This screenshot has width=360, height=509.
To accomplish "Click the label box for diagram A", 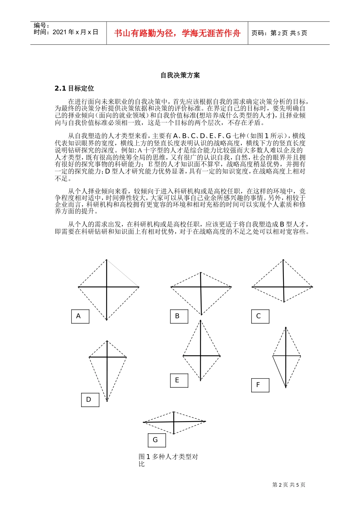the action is point(80,316).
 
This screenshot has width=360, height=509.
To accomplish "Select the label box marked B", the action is point(179,316).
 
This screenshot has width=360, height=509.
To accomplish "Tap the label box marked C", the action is point(260,316).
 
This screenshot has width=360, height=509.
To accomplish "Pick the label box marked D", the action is point(90,400).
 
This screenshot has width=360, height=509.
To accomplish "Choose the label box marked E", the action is point(179,380).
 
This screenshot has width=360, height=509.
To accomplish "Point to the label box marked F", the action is point(260,385).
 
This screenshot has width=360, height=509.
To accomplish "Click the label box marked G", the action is point(157,440).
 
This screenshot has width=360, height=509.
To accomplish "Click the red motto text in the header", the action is point(177,33).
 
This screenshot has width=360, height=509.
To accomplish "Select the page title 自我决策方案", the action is point(180,75).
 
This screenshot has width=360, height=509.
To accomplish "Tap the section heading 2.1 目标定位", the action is point(74,89).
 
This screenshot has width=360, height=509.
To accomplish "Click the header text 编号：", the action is point(42,26).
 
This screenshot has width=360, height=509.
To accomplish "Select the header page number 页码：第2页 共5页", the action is point(279,33).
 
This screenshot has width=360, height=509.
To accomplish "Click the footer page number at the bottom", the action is point(289,485).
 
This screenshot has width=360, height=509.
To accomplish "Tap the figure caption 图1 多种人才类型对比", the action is point(168,460).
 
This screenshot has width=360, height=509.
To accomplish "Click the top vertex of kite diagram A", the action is point(106,260).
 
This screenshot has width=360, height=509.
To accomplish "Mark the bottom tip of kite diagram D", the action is point(107,401).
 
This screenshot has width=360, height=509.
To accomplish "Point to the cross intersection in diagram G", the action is point(174,422).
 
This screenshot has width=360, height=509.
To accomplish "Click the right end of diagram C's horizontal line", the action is point(312,287).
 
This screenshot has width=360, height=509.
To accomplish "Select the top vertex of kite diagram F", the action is point(286,328).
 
